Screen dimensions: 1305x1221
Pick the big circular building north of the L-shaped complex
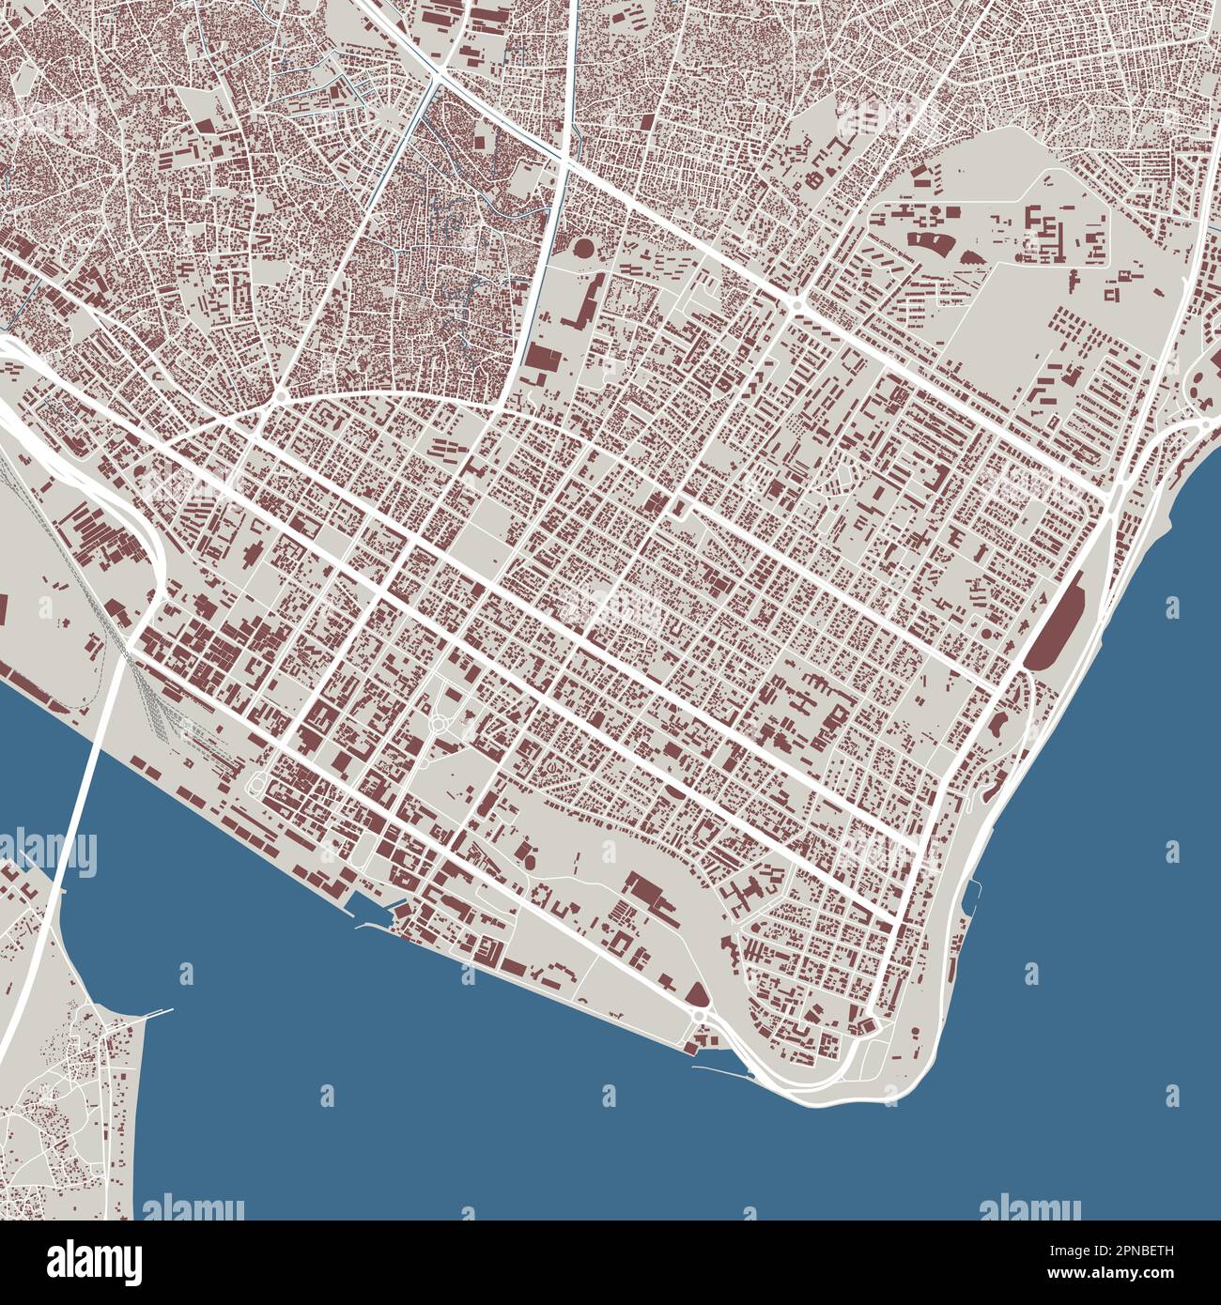[582, 249]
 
